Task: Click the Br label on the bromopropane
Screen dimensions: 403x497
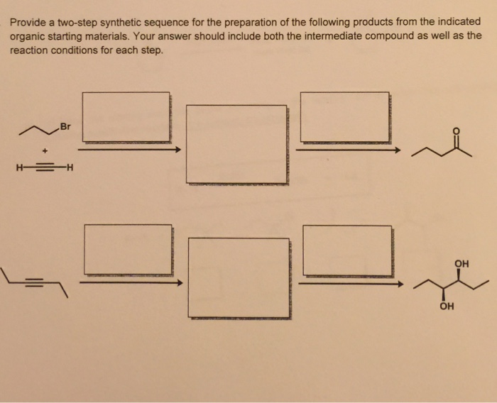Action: (x=66, y=127)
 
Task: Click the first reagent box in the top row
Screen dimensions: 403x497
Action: (x=126, y=116)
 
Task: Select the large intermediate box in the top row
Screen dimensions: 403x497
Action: (x=236, y=144)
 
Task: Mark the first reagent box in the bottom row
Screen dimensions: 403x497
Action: (x=128, y=249)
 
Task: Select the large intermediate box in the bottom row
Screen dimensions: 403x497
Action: (x=239, y=277)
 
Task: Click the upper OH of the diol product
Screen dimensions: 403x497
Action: (x=461, y=264)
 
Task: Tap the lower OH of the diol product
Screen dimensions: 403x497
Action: (x=445, y=307)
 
